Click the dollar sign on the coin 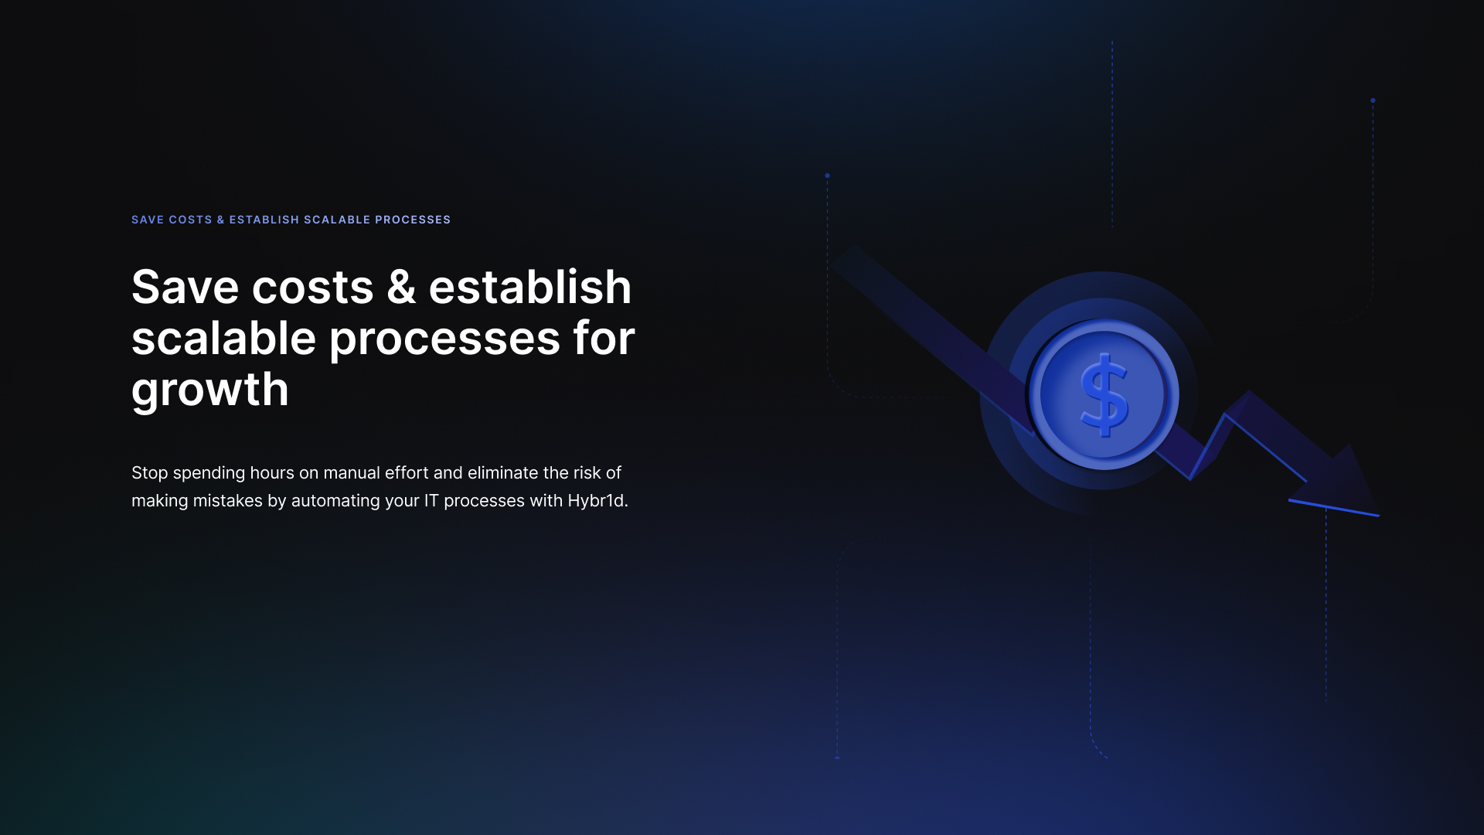(1104, 394)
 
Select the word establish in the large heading (530, 287)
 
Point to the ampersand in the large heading (401, 288)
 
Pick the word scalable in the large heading (224, 338)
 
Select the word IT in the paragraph (431, 501)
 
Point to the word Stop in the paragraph (150, 473)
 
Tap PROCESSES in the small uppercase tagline (413, 220)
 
